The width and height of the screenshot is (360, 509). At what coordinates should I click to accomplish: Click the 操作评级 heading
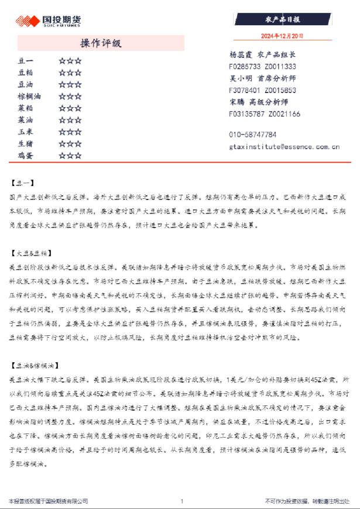(100, 43)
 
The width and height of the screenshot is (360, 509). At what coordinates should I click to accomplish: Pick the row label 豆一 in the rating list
(26, 60)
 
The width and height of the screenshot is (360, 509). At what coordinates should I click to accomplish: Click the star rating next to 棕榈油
(70, 96)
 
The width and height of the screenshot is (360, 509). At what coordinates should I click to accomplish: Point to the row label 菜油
(26, 120)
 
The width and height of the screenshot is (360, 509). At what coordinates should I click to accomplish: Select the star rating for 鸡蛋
(70, 156)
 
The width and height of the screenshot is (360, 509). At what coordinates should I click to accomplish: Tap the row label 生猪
(26, 143)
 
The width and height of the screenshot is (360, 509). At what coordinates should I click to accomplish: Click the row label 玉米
(26, 132)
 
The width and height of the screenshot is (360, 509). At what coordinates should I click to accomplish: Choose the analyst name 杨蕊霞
(240, 54)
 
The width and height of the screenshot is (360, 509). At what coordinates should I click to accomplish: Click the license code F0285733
(245, 67)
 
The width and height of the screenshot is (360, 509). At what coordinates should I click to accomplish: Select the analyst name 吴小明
(240, 78)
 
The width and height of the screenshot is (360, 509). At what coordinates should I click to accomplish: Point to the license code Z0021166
(283, 114)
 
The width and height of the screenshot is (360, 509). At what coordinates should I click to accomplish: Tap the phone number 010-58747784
(253, 135)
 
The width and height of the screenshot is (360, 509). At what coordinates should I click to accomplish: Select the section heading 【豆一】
(23, 183)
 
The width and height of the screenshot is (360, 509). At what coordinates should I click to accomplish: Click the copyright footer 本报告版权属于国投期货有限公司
(48, 501)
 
